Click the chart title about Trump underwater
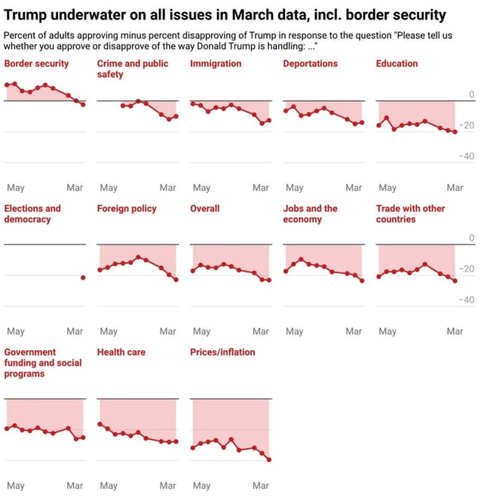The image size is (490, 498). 225,14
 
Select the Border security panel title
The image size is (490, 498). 36,64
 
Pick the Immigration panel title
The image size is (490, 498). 216,64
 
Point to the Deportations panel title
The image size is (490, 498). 310,64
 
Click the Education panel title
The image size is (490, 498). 397,64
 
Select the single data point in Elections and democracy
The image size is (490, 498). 83,278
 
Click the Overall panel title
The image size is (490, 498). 204,208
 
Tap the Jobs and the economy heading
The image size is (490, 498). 310,214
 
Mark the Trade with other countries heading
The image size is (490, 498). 410,214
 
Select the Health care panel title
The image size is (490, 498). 121,352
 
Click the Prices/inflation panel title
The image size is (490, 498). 222,352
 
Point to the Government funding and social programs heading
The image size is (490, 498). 43,363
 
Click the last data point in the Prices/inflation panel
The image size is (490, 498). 269,460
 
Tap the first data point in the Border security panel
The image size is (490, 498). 7,85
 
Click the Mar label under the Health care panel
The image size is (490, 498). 167,486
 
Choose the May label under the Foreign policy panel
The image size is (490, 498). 109,331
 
